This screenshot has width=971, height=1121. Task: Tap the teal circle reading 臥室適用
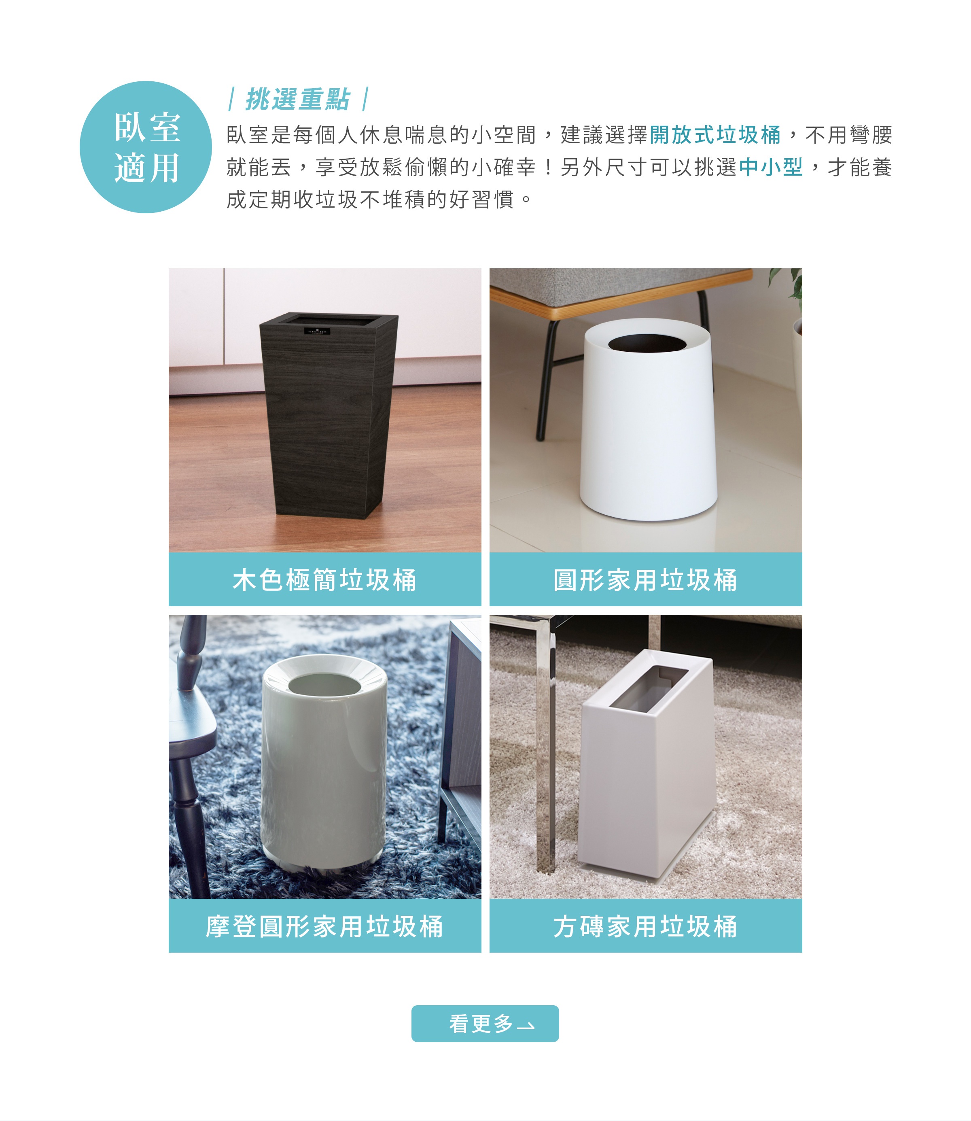[146, 147]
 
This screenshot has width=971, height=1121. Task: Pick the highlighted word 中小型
[770, 167]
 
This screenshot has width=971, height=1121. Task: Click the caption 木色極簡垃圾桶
[324, 580]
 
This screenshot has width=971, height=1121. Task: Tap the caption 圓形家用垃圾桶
[645, 580]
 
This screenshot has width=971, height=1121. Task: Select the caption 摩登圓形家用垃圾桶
[324, 926]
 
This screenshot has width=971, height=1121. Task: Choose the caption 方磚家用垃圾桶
[645, 926]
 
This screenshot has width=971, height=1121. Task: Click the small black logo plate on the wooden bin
[317, 331]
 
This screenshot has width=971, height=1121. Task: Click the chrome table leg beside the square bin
[545, 759]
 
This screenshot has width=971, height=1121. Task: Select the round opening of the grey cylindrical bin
[324, 685]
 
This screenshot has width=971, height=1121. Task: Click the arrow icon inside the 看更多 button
[526, 1025]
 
